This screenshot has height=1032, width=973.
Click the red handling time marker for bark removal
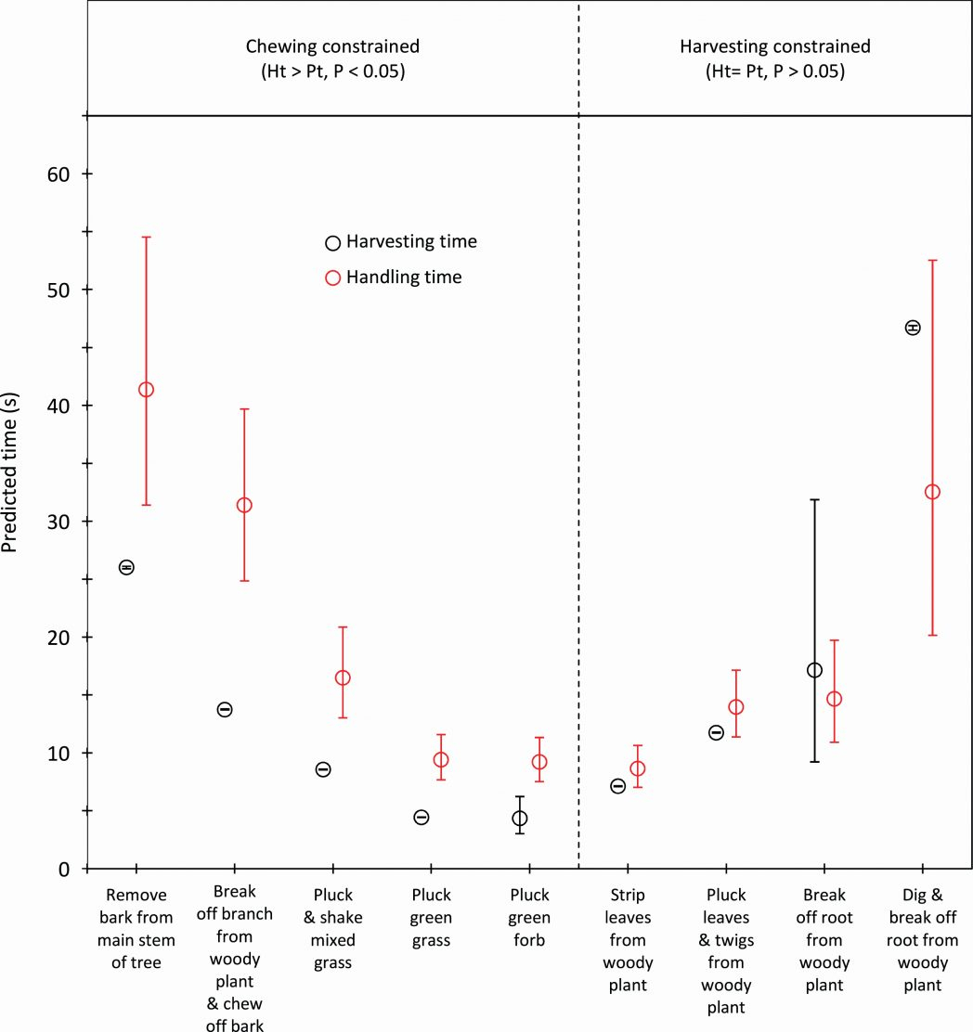(x=146, y=390)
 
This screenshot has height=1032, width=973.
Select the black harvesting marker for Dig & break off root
(x=913, y=328)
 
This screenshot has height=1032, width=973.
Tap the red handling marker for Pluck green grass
(x=441, y=760)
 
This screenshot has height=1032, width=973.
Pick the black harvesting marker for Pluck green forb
(x=520, y=819)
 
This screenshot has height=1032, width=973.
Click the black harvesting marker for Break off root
(x=815, y=670)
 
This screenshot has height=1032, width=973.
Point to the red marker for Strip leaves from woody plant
(x=637, y=768)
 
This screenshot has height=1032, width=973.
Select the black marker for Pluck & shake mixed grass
(x=323, y=769)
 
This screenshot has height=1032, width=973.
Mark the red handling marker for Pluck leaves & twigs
(x=736, y=707)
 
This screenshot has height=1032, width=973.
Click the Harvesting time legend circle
(x=332, y=243)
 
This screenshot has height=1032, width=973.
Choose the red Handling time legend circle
(x=332, y=277)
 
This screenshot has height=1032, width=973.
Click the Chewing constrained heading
(x=332, y=45)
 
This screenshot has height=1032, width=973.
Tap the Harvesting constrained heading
(x=775, y=45)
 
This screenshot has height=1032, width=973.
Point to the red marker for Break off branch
(x=244, y=505)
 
